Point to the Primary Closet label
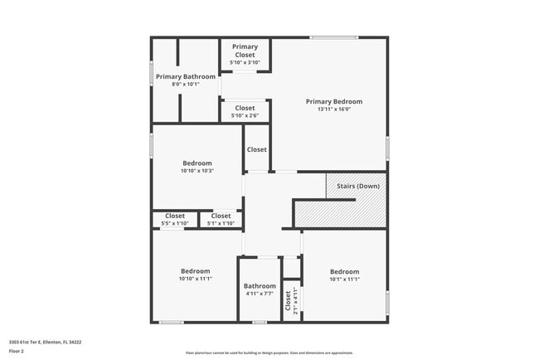245,51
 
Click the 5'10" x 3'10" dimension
245,62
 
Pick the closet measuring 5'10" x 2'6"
245,111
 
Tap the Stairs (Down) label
357,186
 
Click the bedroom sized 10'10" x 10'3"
197,167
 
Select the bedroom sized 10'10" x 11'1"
196,275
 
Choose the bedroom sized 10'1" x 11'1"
344,275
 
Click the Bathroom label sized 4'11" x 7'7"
260,289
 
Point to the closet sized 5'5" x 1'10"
175,219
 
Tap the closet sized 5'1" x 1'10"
221,219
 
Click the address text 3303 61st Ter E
45,341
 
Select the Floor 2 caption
17,351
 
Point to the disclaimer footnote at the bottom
269,353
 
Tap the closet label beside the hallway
256,149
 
